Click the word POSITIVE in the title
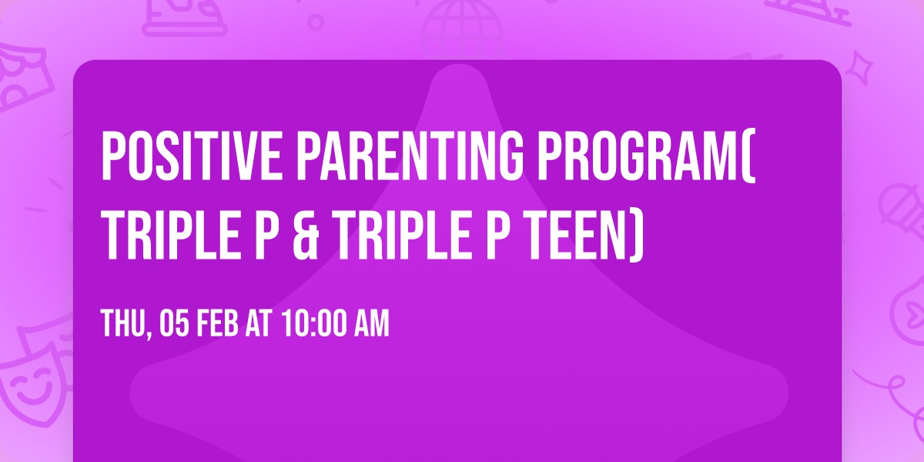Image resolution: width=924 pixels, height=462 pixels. [192, 156]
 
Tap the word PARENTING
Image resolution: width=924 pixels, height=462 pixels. [410, 156]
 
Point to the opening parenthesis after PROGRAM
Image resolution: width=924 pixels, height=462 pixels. [748, 156]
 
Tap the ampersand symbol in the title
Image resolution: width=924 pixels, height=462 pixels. [306, 235]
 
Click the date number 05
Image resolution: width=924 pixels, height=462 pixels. [174, 323]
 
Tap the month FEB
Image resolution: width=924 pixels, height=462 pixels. [217, 323]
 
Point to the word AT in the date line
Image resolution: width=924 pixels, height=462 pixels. [259, 323]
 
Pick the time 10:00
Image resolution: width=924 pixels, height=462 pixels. [313, 323]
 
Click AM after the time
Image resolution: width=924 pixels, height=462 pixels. [372, 323]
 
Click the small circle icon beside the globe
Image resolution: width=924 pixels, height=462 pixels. [316, 22]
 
